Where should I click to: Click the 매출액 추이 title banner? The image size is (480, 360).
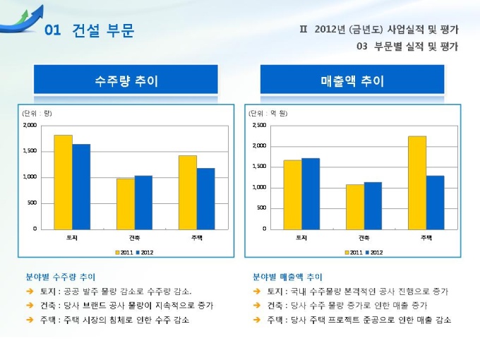point(352,80)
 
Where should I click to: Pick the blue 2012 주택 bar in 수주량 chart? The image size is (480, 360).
point(206,198)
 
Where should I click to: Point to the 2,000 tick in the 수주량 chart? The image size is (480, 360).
point(29,125)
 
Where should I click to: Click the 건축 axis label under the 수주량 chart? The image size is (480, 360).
point(134,237)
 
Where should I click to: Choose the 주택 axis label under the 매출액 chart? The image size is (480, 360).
point(426,237)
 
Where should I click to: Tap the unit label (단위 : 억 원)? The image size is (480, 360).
point(265,113)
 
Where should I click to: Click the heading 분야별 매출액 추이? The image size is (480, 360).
point(287,277)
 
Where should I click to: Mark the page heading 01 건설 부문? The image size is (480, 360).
point(88,30)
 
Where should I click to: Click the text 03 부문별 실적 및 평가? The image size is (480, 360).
point(407,47)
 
